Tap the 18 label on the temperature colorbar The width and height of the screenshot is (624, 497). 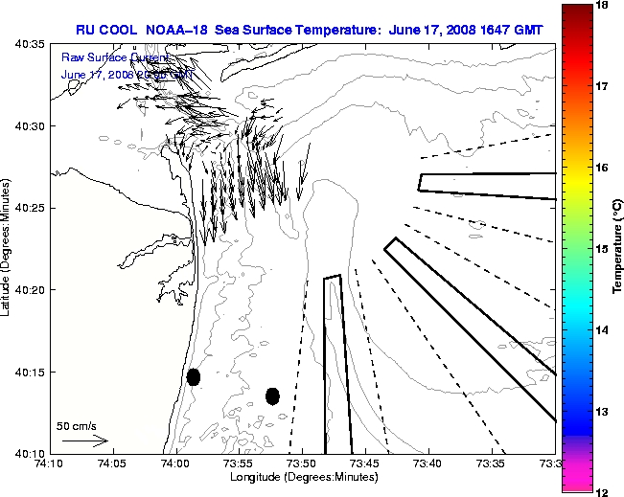pos(602,5)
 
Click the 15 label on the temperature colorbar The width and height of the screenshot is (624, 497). pos(602,249)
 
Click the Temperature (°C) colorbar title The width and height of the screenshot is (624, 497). pos(618,248)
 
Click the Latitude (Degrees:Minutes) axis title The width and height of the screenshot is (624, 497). pos(9,248)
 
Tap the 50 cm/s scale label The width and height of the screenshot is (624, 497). pos(77,425)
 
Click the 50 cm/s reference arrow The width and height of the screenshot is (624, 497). pos(85,441)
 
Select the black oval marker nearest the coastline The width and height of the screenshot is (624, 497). pos(194,376)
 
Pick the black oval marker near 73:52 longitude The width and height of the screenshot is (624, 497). pos(272,395)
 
